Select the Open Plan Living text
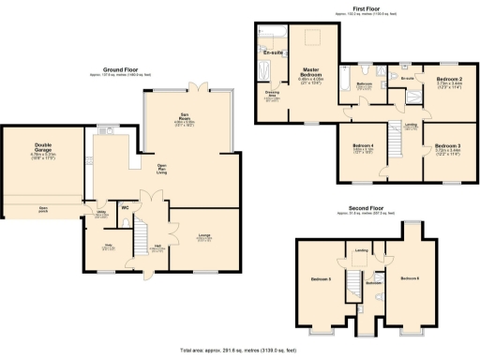[161, 169]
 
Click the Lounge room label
[202, 237]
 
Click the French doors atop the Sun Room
[193, 87]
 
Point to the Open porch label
[43, 208]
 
